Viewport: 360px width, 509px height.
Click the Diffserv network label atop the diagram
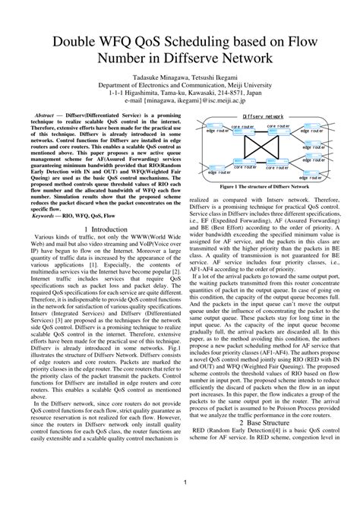click(262, 116)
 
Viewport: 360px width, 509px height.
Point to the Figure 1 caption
click(264, 186)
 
